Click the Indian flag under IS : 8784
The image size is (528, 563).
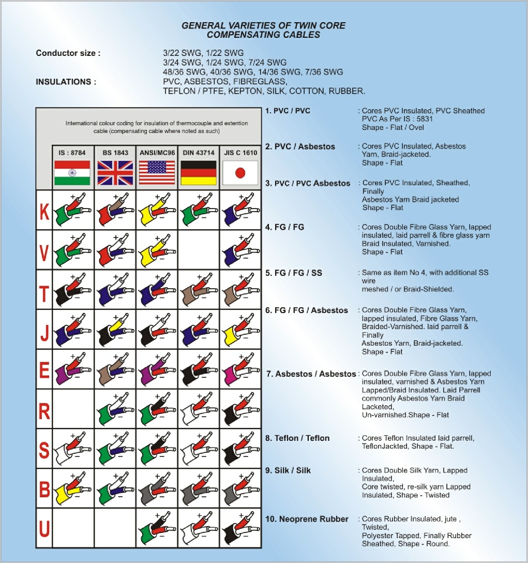[72, 173]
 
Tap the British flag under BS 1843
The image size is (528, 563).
[115, 173]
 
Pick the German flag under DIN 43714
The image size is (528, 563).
[198, 173]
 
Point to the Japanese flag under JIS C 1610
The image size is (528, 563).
[240, 173]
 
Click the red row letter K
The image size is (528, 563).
[44, 212]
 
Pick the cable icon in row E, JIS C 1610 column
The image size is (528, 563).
[240, 368]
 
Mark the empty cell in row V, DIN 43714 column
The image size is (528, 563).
[198, 250]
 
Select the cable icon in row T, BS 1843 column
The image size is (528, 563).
[115, 289]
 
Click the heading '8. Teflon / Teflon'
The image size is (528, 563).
[297, 438]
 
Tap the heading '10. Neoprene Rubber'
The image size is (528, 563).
[307, 519]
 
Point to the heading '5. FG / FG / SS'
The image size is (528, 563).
[294, 273]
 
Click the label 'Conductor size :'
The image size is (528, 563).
[68, 53]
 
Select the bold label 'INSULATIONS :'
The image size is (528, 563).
[66, 82]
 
